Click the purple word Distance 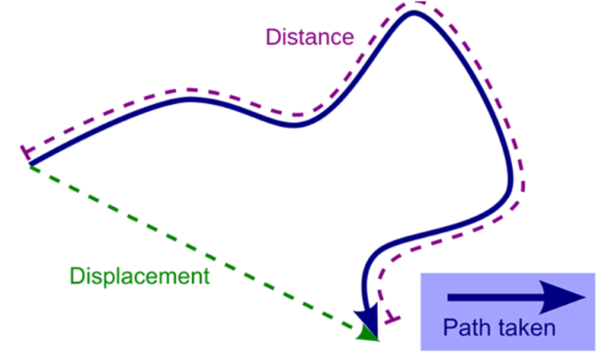[310, 37]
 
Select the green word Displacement [139, 276]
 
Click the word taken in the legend [526, 328]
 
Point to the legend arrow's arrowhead [562, 297]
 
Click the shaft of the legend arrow [495, 297]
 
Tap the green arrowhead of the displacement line [367, 333]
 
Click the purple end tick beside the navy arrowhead [393, 319]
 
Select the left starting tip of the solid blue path [30, 165]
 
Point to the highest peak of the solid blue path [414, 13]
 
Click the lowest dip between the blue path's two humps [293, 125]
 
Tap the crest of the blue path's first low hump [189, 99]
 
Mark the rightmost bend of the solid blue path [511, 180]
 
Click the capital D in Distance [273, 38]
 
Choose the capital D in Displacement [77, 276]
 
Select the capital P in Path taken [450, 328]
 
